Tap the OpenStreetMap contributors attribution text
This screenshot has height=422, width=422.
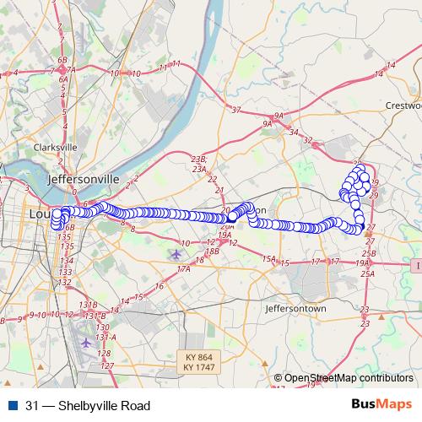(x=348, y=379)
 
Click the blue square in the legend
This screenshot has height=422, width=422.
(x=13, y=406)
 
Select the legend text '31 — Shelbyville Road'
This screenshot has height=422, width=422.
(x=82, y=406)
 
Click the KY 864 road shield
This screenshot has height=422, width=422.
(x=199, y=357)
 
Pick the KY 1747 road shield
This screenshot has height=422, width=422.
(x=199, y=368)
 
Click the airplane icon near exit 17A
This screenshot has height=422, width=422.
(x=176, y=253)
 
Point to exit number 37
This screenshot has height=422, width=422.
(x=235, y=110)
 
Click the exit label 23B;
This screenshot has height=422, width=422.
(x=199, y=159)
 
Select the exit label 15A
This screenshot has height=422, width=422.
(x=269, y=258)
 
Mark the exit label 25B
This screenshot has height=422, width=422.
(x=368, y=252)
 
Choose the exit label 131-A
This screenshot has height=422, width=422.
(x=103, y=337)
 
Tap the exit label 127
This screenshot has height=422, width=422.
(x=107, y=365)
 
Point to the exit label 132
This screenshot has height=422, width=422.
(x=66, y=283)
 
